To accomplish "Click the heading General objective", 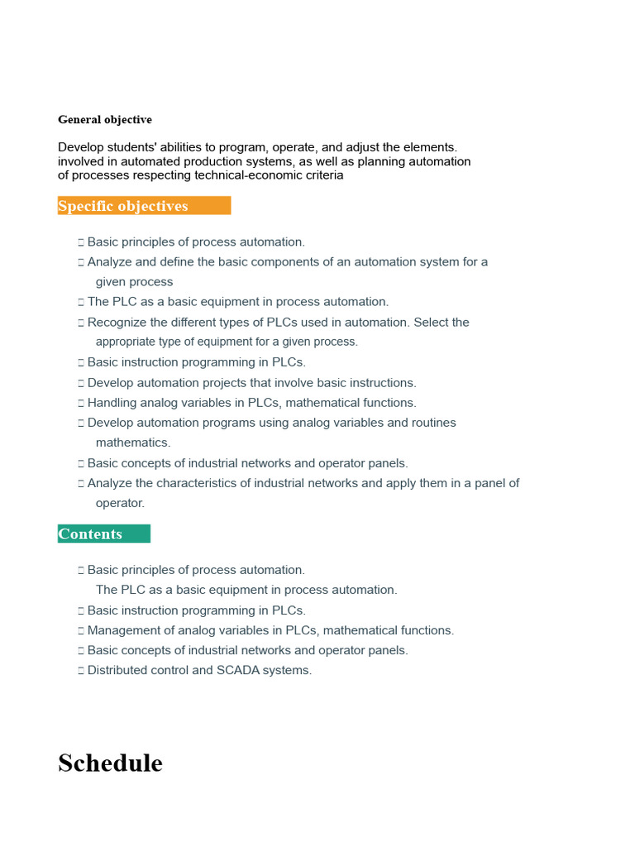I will [105, 120].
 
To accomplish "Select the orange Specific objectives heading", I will [123, 206].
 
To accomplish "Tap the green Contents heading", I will [90, 534].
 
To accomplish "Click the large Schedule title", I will [110, 763].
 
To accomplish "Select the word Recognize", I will [117, 323].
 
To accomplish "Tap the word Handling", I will [111, 403].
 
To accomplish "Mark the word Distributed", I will [117, 671].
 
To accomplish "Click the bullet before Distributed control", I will [81, 671].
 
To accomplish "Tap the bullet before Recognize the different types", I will [81, 323].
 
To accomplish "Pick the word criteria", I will [322, 175].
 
